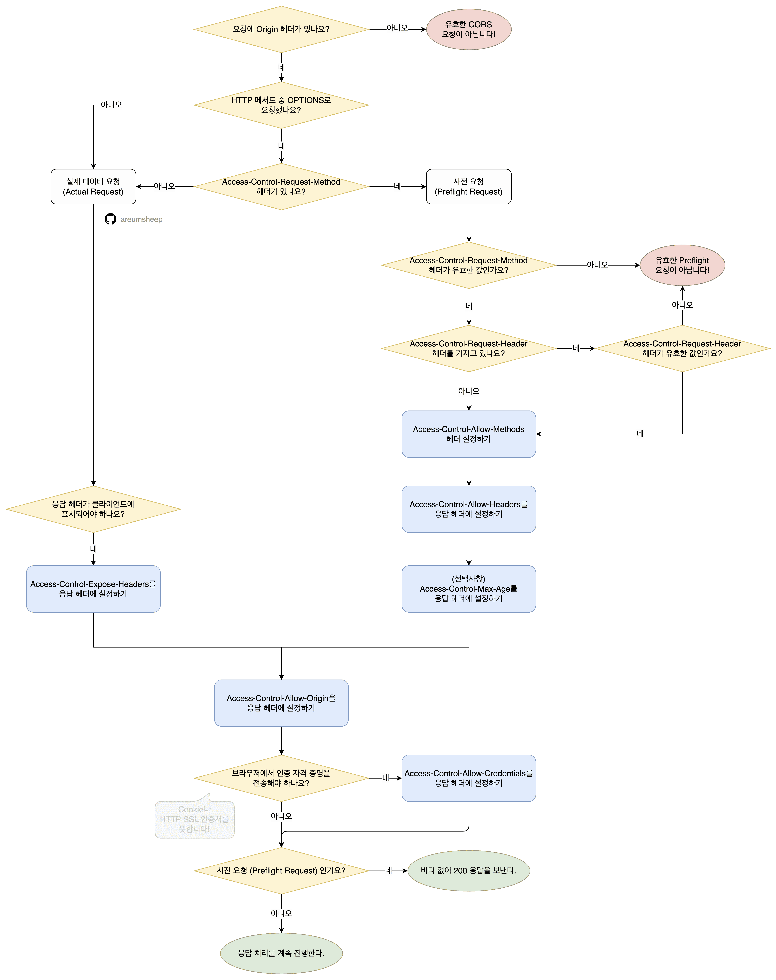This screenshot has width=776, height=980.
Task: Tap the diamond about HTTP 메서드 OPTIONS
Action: click(x=281, y=105)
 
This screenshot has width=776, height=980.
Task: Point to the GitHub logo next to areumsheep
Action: click(x=110, y=219)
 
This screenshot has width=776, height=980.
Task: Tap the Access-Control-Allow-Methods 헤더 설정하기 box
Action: click(x=468, y=434)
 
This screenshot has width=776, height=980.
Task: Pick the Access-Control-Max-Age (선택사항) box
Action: click(x=468, y=589)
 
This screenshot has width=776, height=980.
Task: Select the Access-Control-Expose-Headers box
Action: click(x=93, y=589)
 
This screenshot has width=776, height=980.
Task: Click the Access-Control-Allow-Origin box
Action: click(x=281, y=703)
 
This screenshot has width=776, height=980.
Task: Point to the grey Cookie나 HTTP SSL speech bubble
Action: click(x=194, y=819)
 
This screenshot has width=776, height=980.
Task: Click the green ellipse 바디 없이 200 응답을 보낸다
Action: click(x=468, y=871)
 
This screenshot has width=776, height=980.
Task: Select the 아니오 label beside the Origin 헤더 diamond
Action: click(x=397, y=28)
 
